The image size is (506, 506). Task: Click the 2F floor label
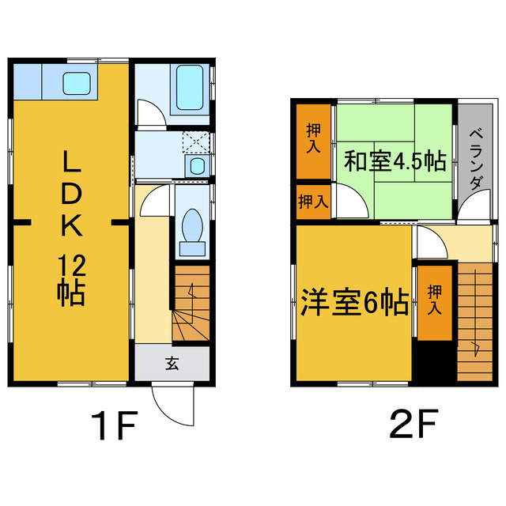[413, 428]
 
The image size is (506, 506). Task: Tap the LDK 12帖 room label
[71, 229]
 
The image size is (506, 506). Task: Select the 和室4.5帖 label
[394, 162]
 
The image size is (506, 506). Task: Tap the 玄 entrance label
[172, 364]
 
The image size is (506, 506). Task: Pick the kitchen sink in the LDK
[77, 81]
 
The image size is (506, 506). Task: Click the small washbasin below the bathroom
[196, 165]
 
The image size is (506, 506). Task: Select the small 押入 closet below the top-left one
[314, 201]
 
